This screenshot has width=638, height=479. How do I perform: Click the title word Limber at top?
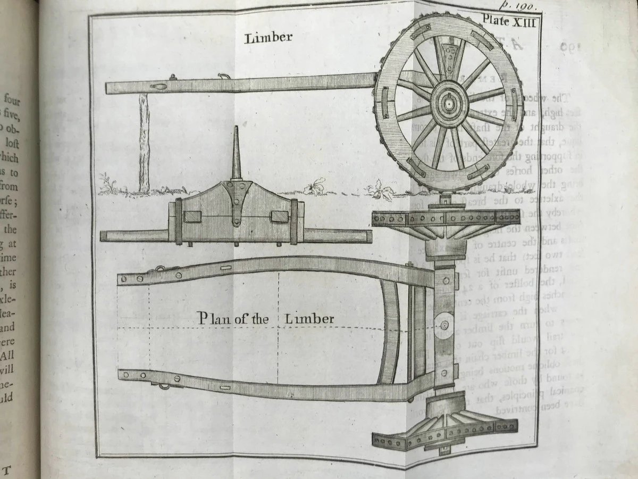(x=268, y=38)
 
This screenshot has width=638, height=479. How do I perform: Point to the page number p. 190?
(x=521, y=6)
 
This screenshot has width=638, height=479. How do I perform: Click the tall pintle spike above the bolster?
(x=237, y=157)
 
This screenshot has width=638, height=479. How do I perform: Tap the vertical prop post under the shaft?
(x=144, y=143)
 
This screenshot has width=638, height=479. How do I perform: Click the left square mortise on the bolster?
(x=191, y=217)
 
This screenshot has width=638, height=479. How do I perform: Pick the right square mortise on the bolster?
(x=279, y=217)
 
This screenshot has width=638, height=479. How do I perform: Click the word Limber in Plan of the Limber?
(x=309, y=319)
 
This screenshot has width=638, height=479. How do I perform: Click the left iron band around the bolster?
(x=179, y=220)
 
